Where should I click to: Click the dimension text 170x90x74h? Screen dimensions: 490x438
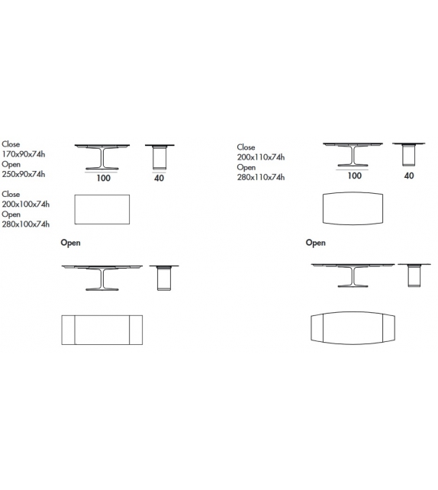tap(24, 153)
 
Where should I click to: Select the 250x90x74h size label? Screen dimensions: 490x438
tap(24, 173)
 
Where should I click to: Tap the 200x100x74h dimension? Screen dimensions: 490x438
tap(26, 204)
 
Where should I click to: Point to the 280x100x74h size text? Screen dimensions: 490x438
tap(26, 224)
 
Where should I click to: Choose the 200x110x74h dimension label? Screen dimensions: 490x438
tap(261, 157)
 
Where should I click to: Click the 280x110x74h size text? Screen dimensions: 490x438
tap(261, 177)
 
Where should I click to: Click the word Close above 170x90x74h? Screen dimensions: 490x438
tap(11, 143)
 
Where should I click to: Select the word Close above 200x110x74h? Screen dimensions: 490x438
tap(246, 147)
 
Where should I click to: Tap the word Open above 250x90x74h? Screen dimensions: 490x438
tap(11, 163)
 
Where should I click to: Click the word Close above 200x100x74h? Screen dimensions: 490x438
tap(11, 194)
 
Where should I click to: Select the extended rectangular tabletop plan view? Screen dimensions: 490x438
tap(101, 329)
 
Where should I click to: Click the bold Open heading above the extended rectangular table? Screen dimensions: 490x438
tap(70, 243)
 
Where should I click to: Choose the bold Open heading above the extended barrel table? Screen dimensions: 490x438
tap(315, 243)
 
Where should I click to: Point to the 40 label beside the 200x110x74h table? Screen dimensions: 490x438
tap(409, 176)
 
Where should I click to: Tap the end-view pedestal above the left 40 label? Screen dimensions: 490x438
tap(159, 157)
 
